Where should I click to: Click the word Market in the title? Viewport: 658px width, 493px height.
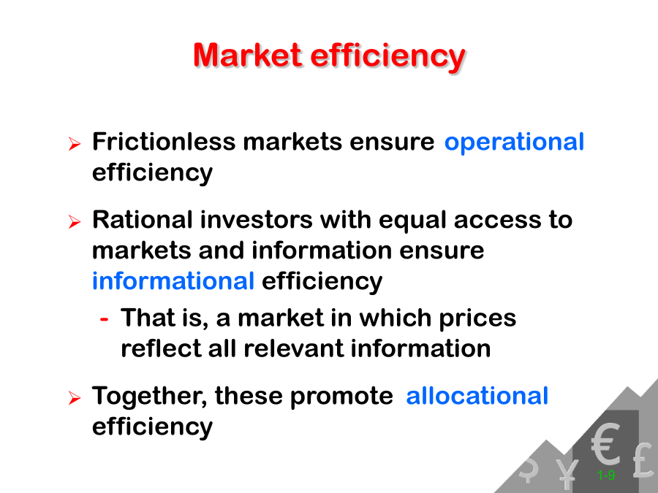tap(247, 55)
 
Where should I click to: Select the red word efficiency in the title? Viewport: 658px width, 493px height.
tap(387, 56)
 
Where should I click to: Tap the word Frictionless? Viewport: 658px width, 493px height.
tap(164, 142)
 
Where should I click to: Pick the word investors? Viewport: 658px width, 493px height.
tap(256, 220)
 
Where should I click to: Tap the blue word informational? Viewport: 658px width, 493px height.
tap(173, 280)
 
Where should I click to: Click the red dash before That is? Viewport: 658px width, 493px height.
tap(104, 319)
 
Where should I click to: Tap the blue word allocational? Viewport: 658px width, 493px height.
tap(477, 395)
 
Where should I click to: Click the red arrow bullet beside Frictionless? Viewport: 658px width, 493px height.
tap(75, 144)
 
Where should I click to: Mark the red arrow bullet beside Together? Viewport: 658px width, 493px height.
tap(75, 397)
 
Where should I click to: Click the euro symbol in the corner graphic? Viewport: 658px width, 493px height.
tap(605, 443)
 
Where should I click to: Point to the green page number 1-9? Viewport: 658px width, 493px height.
tap(606, 475)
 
